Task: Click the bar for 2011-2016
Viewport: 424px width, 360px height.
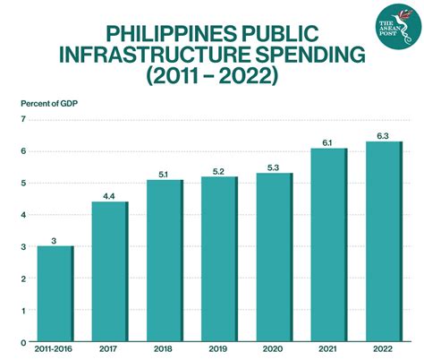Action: [x=55, y=294]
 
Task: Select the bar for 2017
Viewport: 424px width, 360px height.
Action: [x=110, y=271]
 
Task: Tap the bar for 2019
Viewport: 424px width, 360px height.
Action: [x=220, y=259]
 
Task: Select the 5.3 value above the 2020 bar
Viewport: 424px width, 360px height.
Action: [x=275, y=167]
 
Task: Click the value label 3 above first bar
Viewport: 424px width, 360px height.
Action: [x=55, y=240]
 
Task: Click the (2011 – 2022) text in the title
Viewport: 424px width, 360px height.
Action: [x=212, y=76]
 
